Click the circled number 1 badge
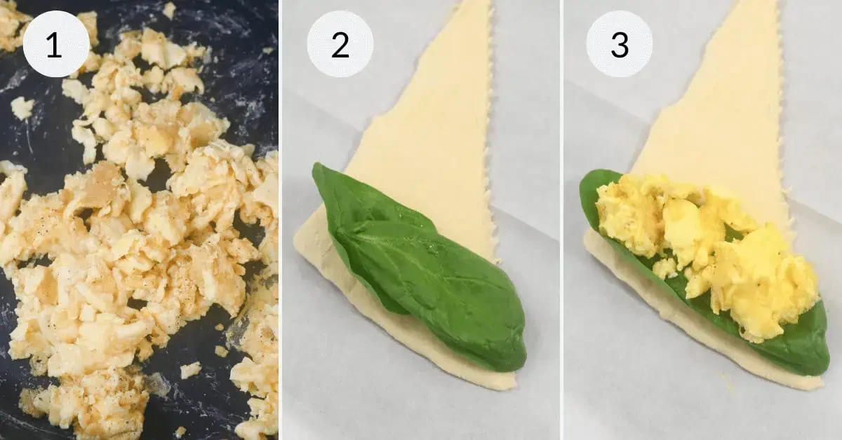56,44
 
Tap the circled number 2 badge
340,44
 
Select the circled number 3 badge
619,44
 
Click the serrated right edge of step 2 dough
493,140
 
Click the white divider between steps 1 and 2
280,220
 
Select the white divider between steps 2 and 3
561,220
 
